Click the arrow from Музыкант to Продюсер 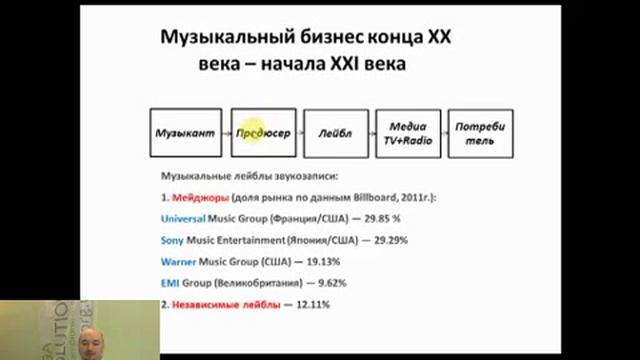click(x=226, y=132)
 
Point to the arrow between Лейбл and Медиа click(x=371, y=132)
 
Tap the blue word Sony click(x=173, y=241)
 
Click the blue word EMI click(x=170, y=283)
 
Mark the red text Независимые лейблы click(x=220, y=304)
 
